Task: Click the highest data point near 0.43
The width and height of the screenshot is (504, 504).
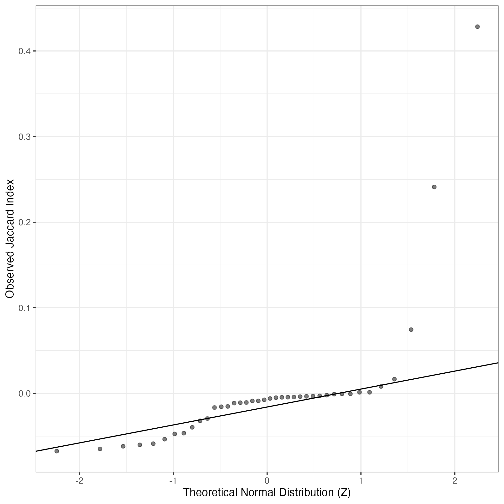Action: tap(477, 27)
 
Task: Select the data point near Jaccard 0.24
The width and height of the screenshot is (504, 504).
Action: tap(434, 187)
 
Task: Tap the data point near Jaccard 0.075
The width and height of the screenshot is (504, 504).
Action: tap(411, 329)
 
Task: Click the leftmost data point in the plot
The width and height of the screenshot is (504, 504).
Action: tap(57, 451)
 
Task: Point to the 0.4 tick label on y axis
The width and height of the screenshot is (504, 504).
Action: tap(24, 51)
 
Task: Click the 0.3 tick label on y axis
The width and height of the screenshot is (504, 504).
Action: tap(24, 137)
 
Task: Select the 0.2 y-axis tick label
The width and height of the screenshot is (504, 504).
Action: tap(24, 222)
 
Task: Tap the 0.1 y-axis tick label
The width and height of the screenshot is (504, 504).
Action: tap(24, 308)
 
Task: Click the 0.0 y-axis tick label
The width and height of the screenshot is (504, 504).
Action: tap(24, 393)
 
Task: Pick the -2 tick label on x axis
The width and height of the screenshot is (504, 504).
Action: tap(79, 481)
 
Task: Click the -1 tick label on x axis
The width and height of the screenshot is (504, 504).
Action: tap(173, 481)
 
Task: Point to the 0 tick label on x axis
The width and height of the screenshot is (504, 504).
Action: tap(267, 481)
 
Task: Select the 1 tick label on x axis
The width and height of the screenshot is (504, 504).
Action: tap(361, 481)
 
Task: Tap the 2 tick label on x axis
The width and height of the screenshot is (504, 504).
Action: tap(455, 481)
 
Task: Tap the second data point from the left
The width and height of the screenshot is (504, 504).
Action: tap(100, 449)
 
